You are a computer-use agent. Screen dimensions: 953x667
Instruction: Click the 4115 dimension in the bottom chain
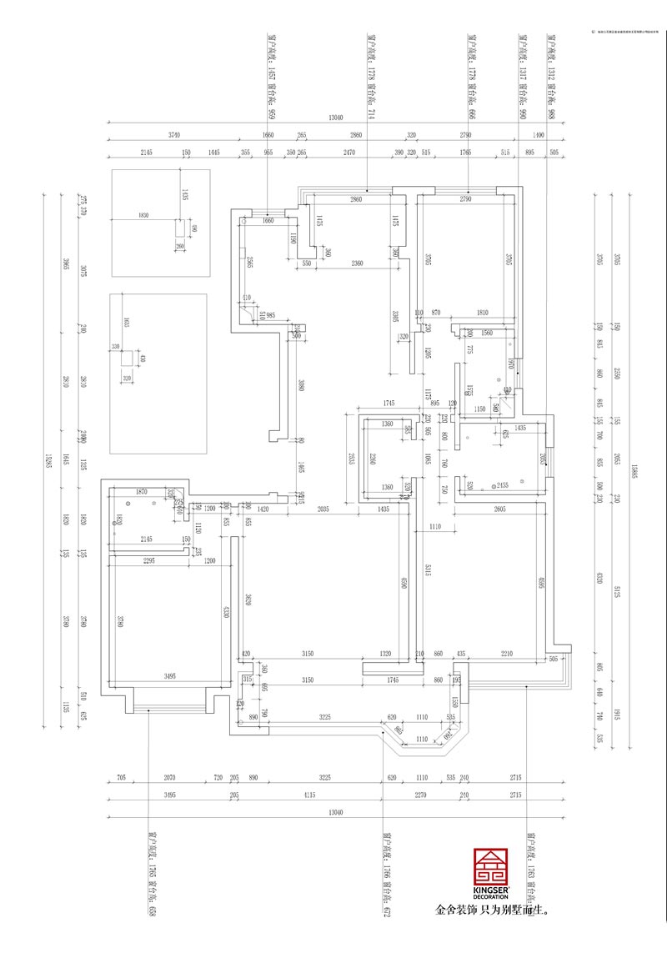pyautogui.click(x=309, y=796)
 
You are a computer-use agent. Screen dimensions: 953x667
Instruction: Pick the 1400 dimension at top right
pyautogui.click(x=538, y=135)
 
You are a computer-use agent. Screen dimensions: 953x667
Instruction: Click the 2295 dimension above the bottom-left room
pyautogui.click(x=149, y=561)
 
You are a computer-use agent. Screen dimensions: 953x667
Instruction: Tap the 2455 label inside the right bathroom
pyautogui.click(x=502, y=484)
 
